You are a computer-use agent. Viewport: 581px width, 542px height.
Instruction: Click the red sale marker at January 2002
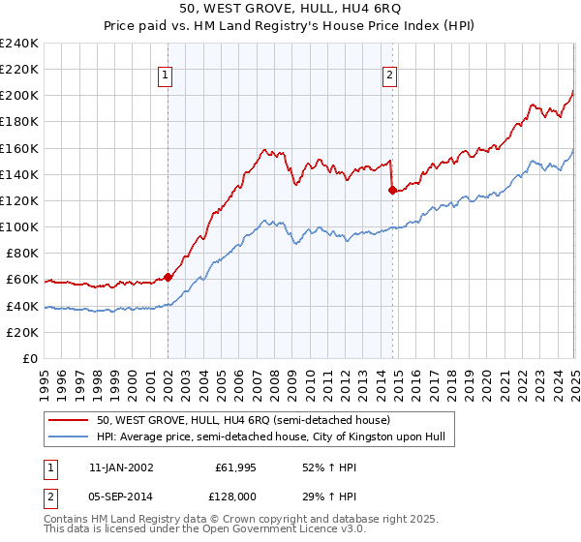(x=168, y=277)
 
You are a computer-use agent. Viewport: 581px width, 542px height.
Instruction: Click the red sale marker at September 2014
(x=392, y=191)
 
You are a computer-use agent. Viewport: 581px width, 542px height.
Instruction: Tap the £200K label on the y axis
(x=19, y=96)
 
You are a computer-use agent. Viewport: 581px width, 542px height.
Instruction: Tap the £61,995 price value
(x=232, y=467)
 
